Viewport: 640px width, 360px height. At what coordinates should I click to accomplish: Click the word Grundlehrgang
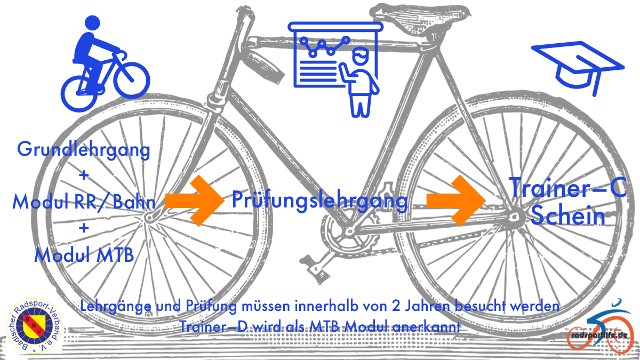84,150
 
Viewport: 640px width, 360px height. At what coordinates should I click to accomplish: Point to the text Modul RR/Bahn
84,202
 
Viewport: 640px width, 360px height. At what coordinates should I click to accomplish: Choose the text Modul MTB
84,255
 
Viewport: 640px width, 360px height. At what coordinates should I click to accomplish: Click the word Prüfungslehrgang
319,201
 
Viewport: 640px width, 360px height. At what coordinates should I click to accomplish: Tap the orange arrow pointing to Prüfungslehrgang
195,201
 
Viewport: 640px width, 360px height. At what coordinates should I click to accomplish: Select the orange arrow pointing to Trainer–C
456,201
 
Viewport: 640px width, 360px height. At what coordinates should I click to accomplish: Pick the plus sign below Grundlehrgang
84,176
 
